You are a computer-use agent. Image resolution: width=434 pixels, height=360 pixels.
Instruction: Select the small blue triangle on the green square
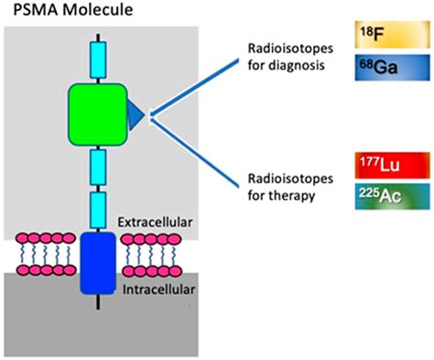(136, 113)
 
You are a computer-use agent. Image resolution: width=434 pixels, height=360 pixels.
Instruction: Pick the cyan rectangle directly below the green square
(96, 166)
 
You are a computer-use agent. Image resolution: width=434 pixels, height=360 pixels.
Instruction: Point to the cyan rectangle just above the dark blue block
(96, 210)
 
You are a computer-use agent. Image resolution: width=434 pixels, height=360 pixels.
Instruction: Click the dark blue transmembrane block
(97, 263)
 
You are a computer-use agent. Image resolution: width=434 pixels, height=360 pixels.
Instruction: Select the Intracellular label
(151, 296)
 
